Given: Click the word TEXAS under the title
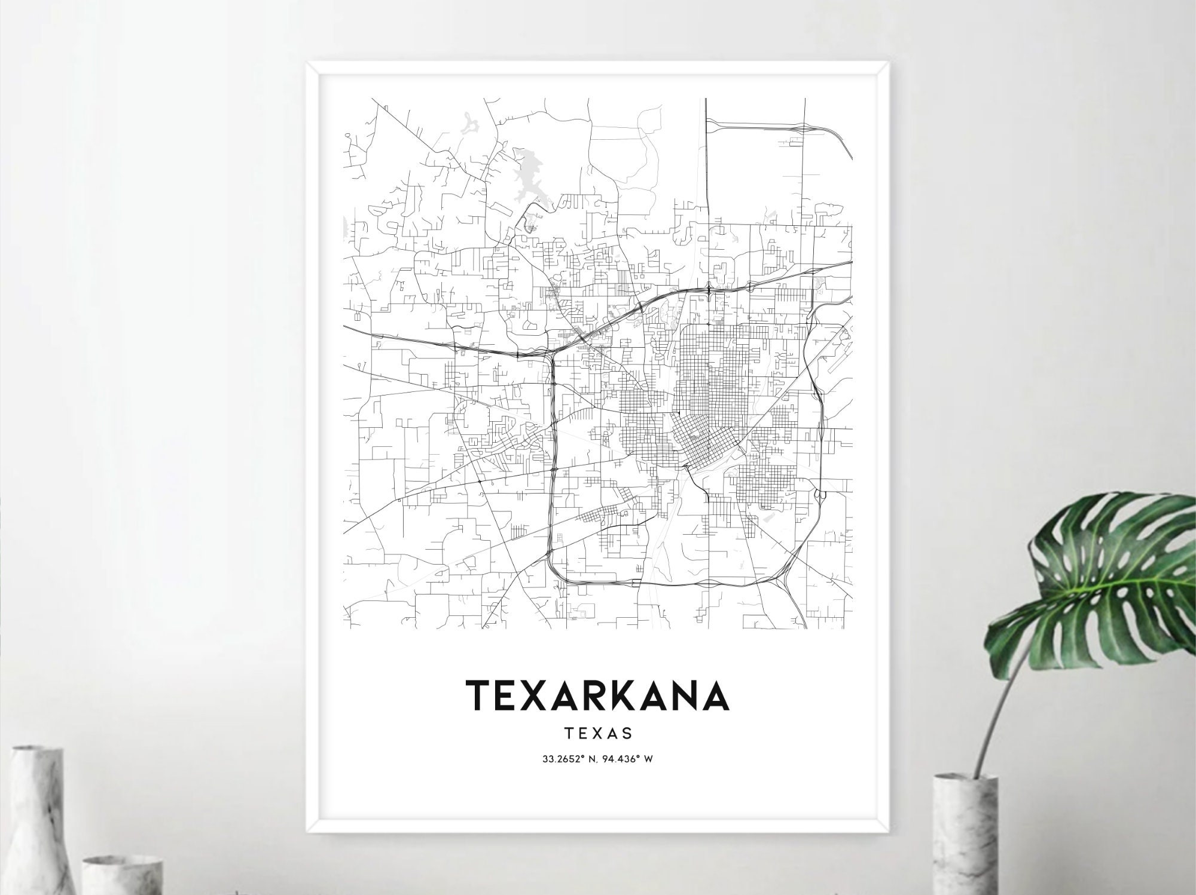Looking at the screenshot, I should pos(597,732).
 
